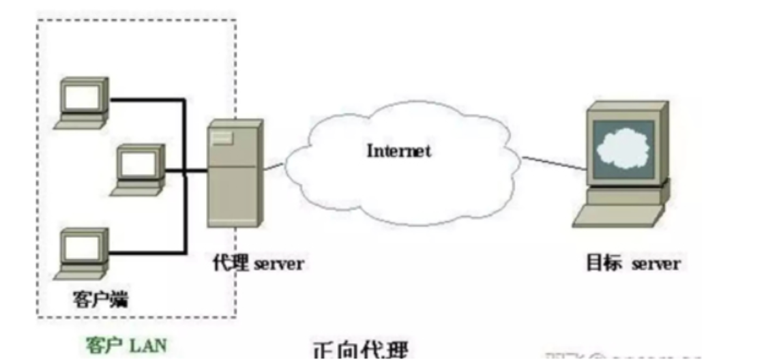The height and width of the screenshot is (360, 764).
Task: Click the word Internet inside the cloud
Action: pyautogui.click(x=399, y=151)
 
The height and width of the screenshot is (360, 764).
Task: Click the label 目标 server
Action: pyautogui.click(x=633, y=264)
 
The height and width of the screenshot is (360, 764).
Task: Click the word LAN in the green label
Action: pyautogui.click(x=149, y=346)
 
